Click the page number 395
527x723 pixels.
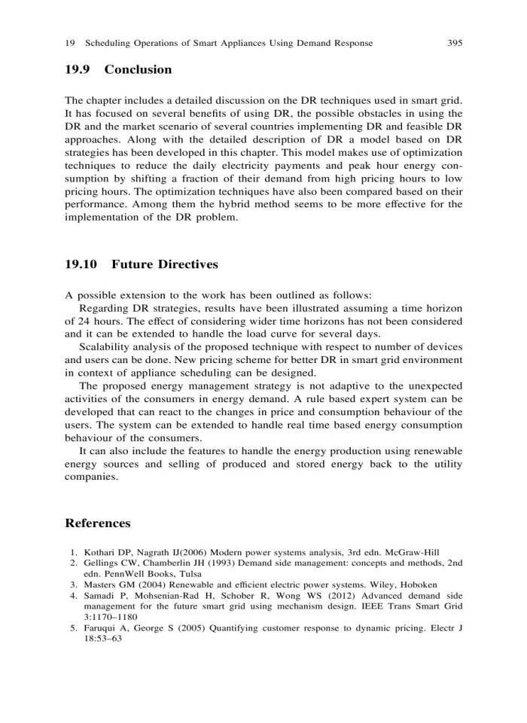[454, 43]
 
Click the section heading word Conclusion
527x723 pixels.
[138, 69]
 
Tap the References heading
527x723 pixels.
[98, 523]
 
